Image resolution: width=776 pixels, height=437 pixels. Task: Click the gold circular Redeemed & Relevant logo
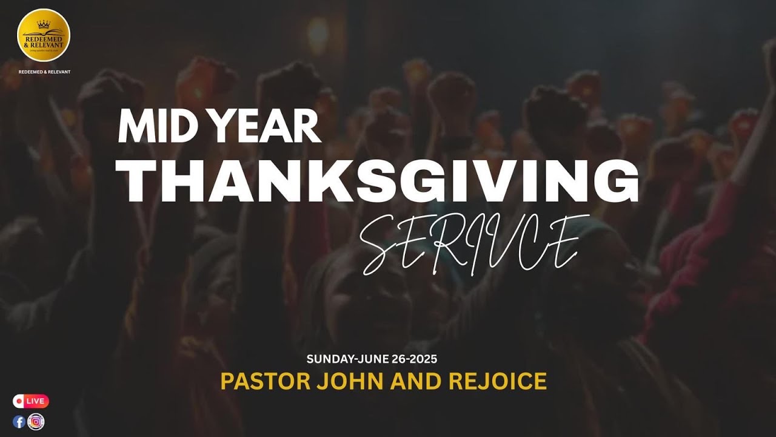pos(44,35)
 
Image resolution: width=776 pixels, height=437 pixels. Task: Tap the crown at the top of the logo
pos(44,24)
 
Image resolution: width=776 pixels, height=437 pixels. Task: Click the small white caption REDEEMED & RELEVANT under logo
pos(44,72)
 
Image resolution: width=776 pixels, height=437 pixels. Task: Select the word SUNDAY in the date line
pos(329,359)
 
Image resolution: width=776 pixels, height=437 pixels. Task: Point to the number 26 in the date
pos(396,359)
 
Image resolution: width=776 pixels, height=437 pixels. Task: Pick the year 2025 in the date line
pos(423,359)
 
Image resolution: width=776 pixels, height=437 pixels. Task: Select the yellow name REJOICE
pos(498,381)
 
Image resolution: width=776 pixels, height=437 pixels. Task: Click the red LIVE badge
pos(31,401)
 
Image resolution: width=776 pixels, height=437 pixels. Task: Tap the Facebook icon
pos(19,422)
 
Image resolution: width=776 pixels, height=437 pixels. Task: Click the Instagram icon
pos(36,422)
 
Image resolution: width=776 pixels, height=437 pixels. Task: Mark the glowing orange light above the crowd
pos(317,35)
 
